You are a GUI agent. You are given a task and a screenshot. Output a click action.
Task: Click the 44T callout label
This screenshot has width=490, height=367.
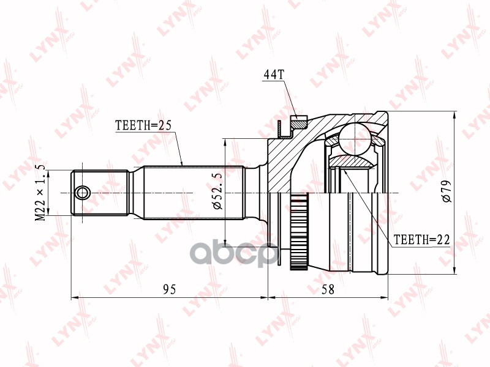tap(274, 75)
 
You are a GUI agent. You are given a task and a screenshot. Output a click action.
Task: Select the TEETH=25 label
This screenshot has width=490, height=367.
tap(143, 125)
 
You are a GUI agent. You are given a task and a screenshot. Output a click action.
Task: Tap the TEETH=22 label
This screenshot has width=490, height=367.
tap(421, 240)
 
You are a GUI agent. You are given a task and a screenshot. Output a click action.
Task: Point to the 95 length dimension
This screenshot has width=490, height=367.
tap(170, 289)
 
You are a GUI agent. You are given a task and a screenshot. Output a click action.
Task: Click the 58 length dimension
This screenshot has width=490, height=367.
tap(328, 289)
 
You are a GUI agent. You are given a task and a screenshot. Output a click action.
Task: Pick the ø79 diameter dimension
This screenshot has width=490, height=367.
tap(447, 191)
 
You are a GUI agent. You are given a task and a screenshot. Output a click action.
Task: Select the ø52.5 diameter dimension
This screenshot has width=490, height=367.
tap(217, 191)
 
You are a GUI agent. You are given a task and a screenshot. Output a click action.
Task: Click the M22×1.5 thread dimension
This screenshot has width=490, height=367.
tap(40, 193)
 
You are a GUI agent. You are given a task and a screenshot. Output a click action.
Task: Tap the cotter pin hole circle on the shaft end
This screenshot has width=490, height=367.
tap(83, 193)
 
